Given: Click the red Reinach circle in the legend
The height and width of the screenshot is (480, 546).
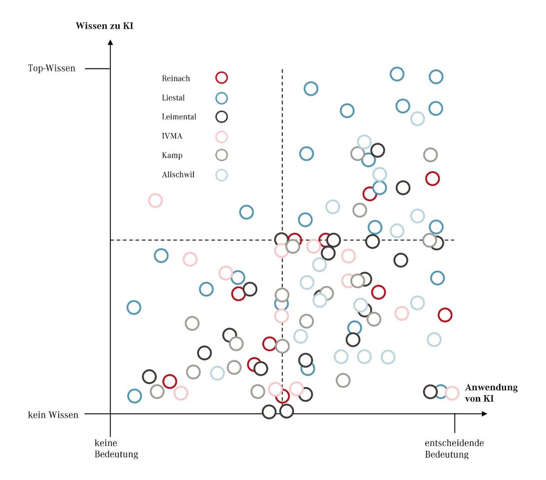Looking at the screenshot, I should (x=221, y=77).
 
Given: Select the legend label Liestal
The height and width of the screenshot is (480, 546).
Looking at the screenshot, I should (x=173, y=98).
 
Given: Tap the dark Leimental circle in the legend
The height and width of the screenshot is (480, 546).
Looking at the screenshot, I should (x=221, y=117).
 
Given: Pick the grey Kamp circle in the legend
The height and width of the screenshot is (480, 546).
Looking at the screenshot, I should (x=221, y=155).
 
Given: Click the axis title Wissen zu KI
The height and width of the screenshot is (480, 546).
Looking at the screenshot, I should (x=105, y=26).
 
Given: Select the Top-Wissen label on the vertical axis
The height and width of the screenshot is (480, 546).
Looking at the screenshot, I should (x=52, y=68).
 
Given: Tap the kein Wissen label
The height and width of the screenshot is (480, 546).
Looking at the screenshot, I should (x=53, y=415).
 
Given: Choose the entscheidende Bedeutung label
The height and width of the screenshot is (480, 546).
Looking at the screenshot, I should (x=454, y=448).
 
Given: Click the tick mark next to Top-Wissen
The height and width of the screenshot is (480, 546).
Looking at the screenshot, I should (x=97, y=68).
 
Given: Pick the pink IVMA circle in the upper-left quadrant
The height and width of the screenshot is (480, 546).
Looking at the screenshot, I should (x=155, y=200).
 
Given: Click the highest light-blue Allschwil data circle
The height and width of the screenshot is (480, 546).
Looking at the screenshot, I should (x=417, y=118).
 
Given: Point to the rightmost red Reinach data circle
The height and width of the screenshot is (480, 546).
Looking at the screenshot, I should (x=445, y=314).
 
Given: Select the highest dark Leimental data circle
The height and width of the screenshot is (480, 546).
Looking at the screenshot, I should (x=377, y=150).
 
